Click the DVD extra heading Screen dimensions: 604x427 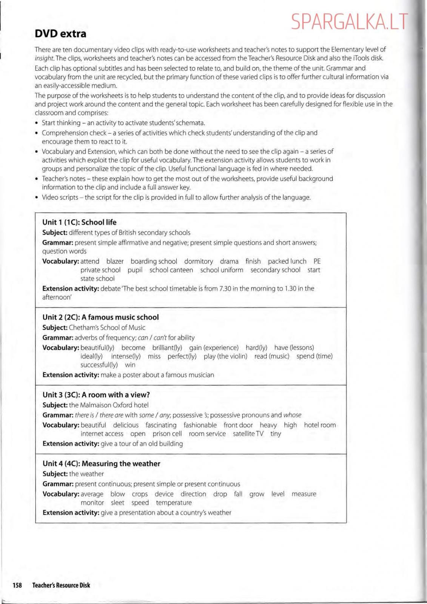point(60,34)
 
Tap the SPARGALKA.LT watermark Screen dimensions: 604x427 point(350,22)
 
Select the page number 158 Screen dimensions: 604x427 point(17,585)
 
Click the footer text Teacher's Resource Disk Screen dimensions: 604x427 point(61,585)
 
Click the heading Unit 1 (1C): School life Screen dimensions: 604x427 point(79,222)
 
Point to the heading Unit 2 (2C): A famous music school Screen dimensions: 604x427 point(100,317)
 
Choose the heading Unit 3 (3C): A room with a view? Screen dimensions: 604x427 point(96,394)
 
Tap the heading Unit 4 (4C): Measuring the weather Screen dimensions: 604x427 point(101,464)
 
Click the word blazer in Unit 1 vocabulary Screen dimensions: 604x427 point(115,261)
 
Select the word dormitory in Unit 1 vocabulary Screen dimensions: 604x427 point(199,261)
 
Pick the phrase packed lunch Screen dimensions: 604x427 point(287,261)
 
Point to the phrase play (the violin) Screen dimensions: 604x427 point(225,356)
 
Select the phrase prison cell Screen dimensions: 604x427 point(167,434)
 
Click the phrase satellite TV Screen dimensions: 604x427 point(248,434)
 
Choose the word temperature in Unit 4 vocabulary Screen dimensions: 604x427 point(174,503)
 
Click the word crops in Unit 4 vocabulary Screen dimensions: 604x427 point(140,494)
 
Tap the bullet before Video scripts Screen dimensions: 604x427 point(37,197)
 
